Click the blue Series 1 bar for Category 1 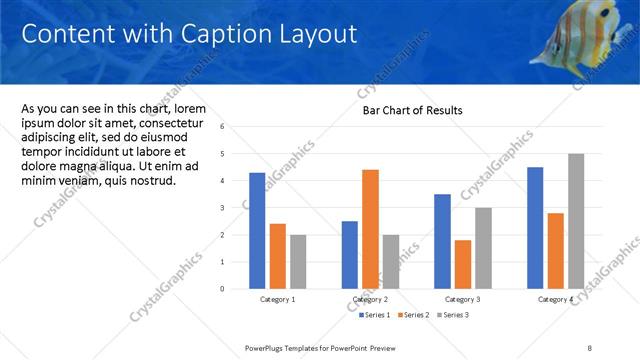coord(257,230)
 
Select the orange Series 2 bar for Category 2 coord(370,229)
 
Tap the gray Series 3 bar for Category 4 coord(575,221)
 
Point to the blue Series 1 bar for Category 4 coord(535,227)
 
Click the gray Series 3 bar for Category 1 coord(297,261)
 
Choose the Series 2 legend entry coord(414,315)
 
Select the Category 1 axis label coord(277,299)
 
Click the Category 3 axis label coord(463,299)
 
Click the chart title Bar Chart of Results coord(412,110)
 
